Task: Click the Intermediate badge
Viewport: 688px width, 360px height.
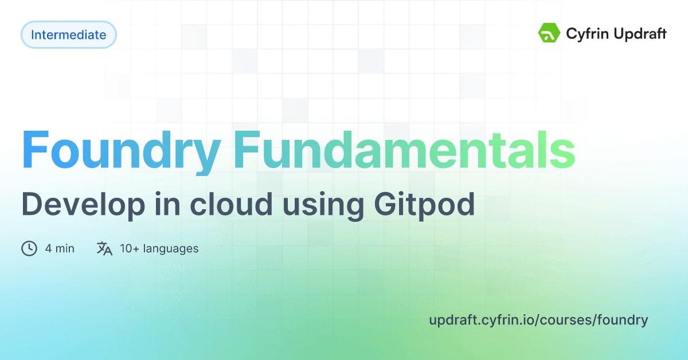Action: point(68,35)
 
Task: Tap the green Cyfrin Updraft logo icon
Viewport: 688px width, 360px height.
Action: point(549,34)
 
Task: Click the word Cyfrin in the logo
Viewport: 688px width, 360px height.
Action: point(585,34)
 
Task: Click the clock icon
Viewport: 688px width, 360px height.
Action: point(29,248)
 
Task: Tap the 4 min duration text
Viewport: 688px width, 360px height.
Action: point(60,248)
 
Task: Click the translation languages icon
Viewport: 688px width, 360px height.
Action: point(104,248)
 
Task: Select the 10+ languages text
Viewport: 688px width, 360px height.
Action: point(159,248)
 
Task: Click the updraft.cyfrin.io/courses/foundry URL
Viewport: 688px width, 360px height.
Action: point(538,320)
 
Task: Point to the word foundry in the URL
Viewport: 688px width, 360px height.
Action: point(623,320)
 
